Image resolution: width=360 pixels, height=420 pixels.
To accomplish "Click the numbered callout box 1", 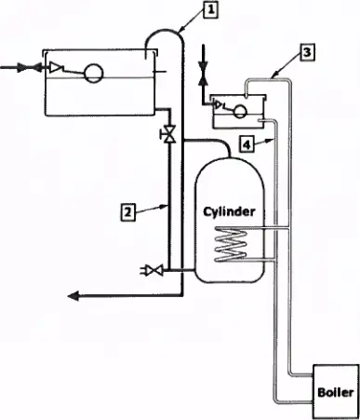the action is [210, 10].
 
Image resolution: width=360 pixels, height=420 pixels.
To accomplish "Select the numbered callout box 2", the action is [127, 212].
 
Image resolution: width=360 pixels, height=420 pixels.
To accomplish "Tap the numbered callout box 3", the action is [307, 52].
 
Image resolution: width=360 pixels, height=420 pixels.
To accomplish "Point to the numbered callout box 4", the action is [247, 144].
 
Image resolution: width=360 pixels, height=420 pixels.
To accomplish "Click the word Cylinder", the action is [229, 211].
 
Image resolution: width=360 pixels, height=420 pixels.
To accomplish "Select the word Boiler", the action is [336, 392].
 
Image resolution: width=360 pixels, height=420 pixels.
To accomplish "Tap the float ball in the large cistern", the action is [94, 74].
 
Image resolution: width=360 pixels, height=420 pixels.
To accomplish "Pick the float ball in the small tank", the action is [240, 111].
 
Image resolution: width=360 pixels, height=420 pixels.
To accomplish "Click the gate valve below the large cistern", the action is [169, 134].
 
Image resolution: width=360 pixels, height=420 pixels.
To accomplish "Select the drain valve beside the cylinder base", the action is [153, 270].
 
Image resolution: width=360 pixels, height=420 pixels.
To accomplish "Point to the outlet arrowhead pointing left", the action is [73, 296].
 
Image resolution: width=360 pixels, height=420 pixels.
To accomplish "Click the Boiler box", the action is [336, 392].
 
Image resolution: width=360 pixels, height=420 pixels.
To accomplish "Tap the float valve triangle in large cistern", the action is [56, 67].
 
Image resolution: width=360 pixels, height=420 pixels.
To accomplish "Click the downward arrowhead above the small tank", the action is [203, 66].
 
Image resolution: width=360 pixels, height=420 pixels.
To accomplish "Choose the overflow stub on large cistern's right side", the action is [160, 72].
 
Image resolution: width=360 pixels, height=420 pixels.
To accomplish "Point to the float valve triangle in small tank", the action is [218, 104].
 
